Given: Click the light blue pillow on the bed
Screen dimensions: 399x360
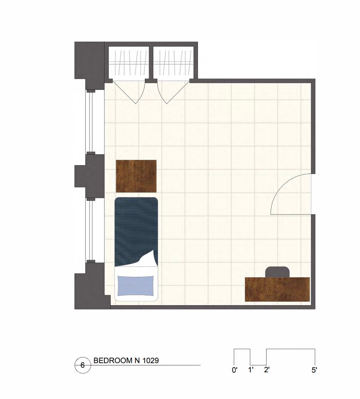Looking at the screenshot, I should click(x=136, y=286).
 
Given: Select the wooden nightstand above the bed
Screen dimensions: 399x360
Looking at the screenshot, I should click(x=136, y=176).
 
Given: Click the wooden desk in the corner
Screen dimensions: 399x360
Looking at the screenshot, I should click(x=277, y=289).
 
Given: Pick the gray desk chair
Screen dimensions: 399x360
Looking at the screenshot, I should click(x=277, y=272).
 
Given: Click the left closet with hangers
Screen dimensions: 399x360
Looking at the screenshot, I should click(x=129, y=62).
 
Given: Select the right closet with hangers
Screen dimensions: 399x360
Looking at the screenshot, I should click(x=173, y=62).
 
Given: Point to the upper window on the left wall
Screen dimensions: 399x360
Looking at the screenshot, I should click(x=91, y=122).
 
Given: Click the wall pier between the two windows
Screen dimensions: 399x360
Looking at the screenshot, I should click(x=90, y=176).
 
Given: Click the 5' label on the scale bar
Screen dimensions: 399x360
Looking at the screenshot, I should click(x=314, y=370).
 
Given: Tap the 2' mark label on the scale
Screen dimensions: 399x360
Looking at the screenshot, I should click(x=267, y=370).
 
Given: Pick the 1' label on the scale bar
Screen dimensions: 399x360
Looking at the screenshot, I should click(x=251, y=370).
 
